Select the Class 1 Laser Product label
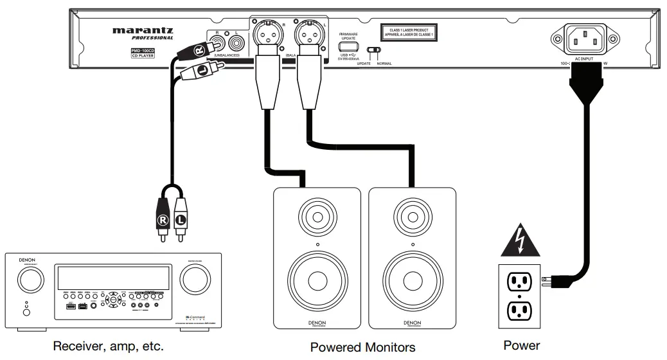point(409,32)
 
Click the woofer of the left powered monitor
point(317,280)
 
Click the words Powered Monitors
point(362,347)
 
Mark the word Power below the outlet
point(521,346)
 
